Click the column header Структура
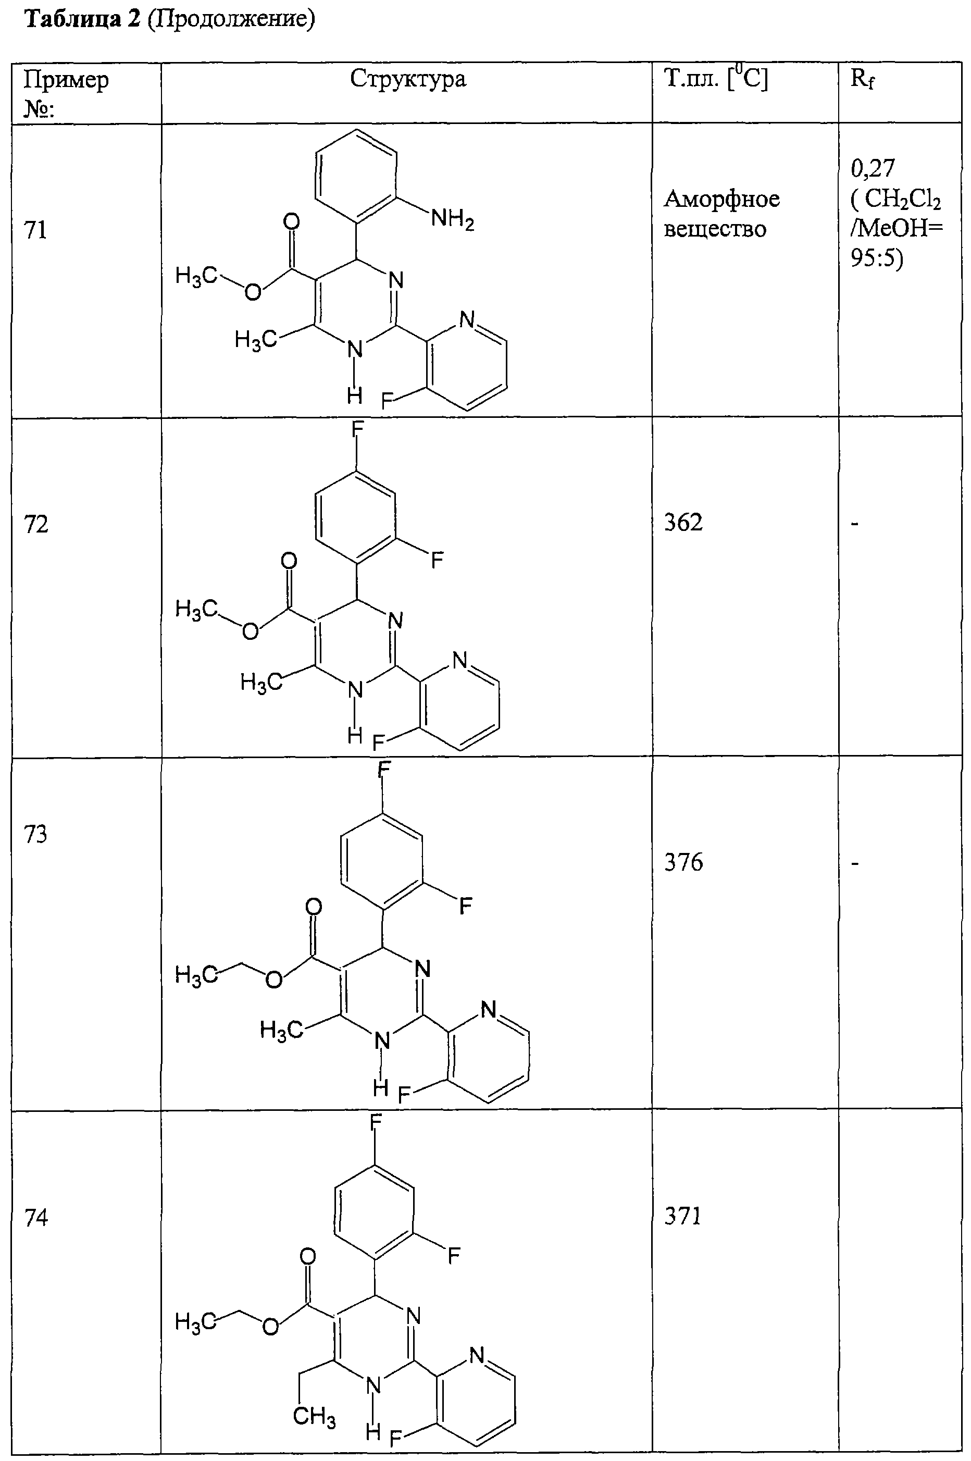pos(407,79)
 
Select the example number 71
pos(35,230)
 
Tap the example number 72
pos(35,525)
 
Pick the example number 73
pos(35,834)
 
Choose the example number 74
pos(35,1218)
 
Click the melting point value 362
pos(683,523)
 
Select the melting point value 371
pos(682,1216)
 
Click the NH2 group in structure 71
pos(453,219)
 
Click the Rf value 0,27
pos(873,168)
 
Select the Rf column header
pos(862,79)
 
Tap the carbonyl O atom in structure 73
pos(314,907)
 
